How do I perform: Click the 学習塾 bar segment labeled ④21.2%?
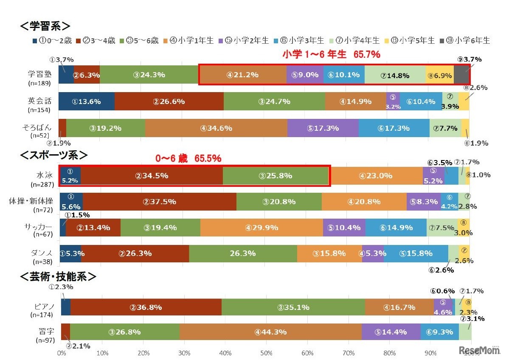tap(243, 75)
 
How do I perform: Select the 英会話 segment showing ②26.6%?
tap(169, 101)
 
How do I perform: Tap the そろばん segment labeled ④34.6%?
tap(216, 128)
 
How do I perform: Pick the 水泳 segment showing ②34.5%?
tap(152, 176)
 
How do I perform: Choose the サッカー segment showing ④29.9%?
tap(261, 228)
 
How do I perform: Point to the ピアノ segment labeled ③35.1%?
tap(293, 307)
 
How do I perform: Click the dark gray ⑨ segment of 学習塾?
tap(461, 75)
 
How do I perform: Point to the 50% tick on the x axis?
tap(266, 353)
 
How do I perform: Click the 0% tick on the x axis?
tap(61, 353)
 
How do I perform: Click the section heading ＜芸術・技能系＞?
tap(58, 277)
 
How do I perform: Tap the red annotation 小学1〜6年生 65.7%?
tap(331, 55)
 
